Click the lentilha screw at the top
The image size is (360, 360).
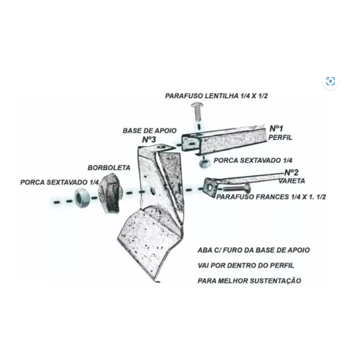click(x=197, y=112)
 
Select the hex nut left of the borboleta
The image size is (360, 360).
click(x=82, y=198)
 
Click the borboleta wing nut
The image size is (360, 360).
click(x=110, y=194)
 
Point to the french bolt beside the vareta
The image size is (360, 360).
click(x=236, y=189)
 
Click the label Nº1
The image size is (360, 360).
click(x=276, y=128)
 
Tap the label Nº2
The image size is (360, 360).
click(x=291, y=172)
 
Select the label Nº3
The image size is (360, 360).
click(x=149, y=139)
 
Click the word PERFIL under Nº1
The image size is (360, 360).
click(x=280, y=137)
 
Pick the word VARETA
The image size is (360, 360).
click(x=292, y=181)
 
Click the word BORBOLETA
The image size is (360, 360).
click(x=109, y=167)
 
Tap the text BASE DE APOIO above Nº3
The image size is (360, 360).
click(x=149, y=131)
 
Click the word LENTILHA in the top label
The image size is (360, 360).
click(x=221, y=96)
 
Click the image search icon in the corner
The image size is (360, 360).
click(x=330, y=81)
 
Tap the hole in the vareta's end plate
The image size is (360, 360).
click(x=210, y=188)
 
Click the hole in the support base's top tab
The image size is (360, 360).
click(x=161, y=147)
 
